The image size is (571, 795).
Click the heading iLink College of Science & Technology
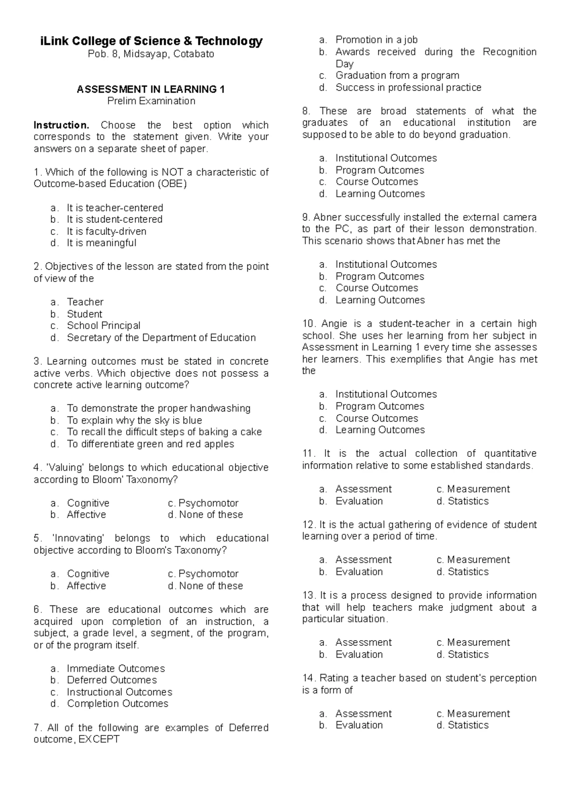[151, 41]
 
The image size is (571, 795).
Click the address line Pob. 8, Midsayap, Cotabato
[151, 54]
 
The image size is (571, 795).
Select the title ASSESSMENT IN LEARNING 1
[151, 89]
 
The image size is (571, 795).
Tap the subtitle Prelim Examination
[151, 101]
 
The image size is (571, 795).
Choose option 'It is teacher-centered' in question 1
[115, 208]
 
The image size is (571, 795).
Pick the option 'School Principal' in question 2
[103, 326]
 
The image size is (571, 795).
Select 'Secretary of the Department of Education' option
[161, 338]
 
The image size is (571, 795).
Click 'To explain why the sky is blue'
[134, 421]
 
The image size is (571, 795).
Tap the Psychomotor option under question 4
[207, 503]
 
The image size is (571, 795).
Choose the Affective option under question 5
[86, 586]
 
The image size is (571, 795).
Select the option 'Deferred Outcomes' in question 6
[111, 680]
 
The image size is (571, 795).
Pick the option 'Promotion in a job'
[376, 40]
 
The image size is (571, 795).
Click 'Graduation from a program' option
[397, 75]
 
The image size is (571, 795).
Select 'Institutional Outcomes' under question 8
[385, 158]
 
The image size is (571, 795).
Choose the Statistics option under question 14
[468, 725]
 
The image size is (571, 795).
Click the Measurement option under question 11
[478, 489]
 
